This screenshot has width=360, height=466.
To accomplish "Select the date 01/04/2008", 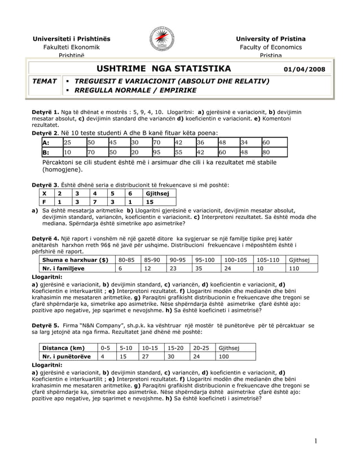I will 305,69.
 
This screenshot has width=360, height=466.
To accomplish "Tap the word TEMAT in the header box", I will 45,81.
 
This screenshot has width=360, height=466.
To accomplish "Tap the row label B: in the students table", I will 46,152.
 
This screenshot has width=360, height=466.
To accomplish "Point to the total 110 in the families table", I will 294,269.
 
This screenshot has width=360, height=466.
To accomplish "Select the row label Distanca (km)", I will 63,348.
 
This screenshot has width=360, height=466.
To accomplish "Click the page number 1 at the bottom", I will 318,441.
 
